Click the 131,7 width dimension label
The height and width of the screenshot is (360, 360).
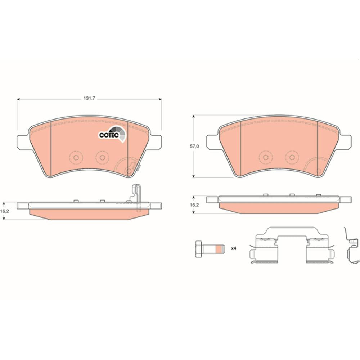coord(89,99)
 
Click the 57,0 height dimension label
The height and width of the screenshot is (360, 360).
coord(194,146)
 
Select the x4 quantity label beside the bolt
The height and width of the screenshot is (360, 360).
coord(234,248)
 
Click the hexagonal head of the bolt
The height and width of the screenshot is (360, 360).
coord(198,249)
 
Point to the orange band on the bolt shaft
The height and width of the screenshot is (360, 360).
coord(220,249)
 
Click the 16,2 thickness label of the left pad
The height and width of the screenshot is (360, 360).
coord(4,211)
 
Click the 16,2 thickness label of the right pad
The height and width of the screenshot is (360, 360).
coord(194,205)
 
